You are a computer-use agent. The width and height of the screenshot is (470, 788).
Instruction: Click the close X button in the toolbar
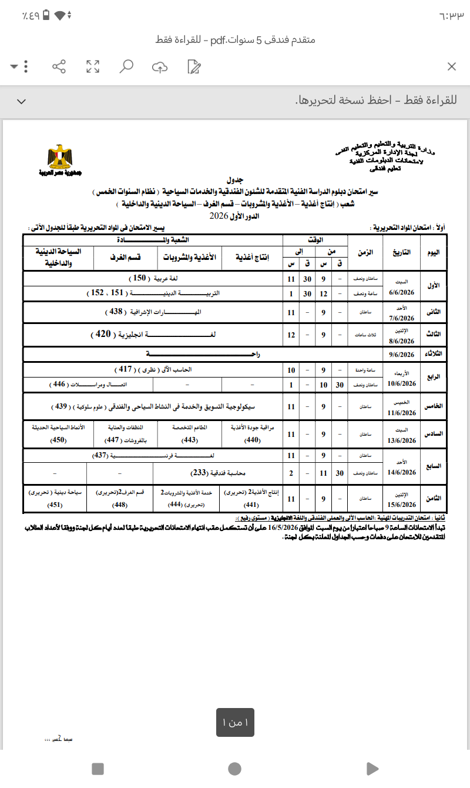(x=452, y=66)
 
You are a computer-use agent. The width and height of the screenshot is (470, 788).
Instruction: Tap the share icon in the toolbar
(x=59, y=66)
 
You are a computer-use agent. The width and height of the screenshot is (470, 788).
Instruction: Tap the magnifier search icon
(x=126, y=66)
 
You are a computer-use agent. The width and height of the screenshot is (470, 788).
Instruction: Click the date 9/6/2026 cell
(x=402, y=354)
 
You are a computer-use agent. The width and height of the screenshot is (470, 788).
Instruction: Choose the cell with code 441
(x=250, y=504)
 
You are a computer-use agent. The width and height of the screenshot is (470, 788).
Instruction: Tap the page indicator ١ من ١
(x=235, y=722)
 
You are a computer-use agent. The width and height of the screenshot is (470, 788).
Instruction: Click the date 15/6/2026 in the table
(x=402, y=504)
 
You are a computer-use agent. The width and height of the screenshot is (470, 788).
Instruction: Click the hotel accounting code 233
(x=201, y=473)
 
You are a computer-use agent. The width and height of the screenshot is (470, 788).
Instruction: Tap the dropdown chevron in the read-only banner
(x=22, y=101)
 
